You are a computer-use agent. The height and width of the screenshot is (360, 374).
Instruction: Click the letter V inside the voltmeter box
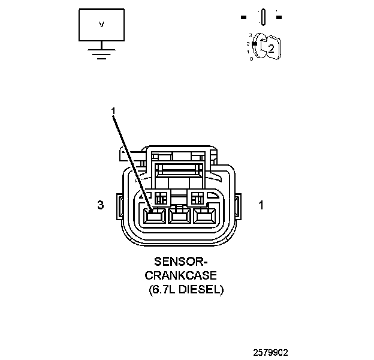(101, 25)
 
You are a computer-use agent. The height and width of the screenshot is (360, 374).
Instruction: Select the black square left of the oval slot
(245, 17)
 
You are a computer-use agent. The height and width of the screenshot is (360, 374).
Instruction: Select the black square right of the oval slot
(279, 17)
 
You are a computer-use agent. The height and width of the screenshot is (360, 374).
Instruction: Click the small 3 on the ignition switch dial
(250, 35)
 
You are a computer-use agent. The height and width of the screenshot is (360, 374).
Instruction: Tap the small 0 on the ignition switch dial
(251, 59)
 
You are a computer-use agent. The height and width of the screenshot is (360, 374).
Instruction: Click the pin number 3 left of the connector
(101, 205)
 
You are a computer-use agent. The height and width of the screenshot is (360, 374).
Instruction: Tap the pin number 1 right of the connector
(261, 205)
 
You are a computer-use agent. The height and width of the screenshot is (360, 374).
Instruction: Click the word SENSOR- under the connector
(180, 262)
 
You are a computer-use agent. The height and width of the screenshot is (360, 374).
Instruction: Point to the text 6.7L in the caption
(164, 289)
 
